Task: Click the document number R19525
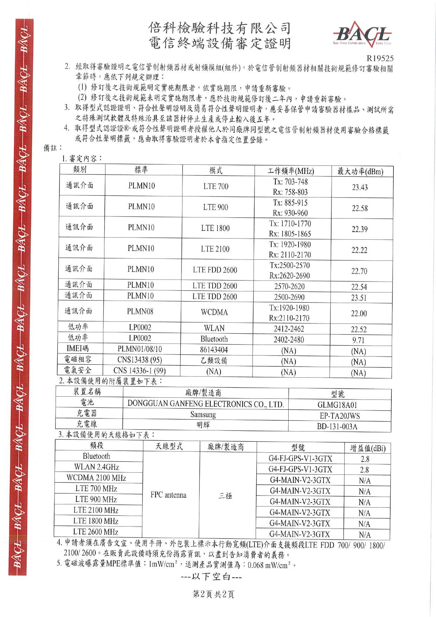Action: click(x=380, y=58)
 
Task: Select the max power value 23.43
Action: click(x=360, y=188)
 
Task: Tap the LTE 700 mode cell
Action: click(x=216, y=186)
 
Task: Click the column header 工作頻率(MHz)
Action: click(x=290, y=171)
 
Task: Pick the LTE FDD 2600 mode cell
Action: click(x=215, y=270)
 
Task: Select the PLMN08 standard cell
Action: click(x=140, y=311)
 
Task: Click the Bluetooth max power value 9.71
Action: click(x=358, y=340)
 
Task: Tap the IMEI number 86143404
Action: click(x=214, y=350)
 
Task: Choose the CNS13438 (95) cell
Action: click(x=140, y=360)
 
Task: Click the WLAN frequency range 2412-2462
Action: click(x=289, y=329)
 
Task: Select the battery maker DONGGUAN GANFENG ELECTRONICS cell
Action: click(x=205, y=404)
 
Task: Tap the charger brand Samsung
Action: click(x=203, y=415)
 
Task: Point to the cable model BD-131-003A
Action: click(x=337, y=427)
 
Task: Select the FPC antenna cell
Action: click(x=168, y=495)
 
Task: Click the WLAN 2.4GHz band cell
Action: click(x=96, y=467)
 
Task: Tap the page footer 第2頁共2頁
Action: click(x=213, y=594)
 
